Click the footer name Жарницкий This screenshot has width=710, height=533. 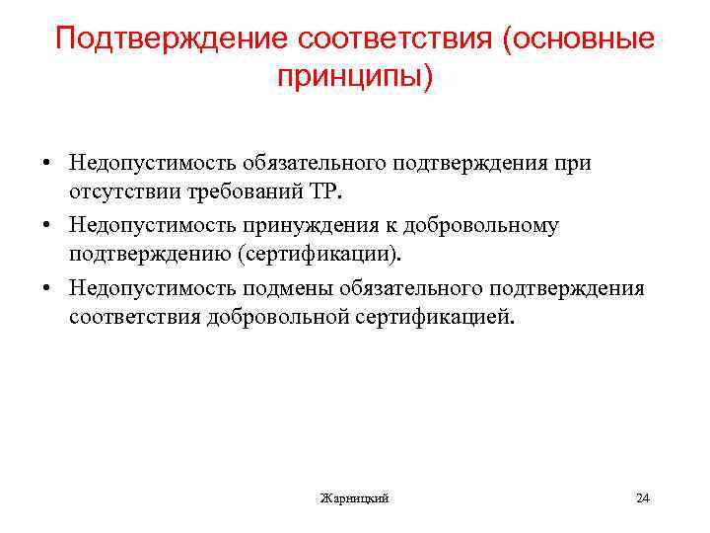[x=354, y=498]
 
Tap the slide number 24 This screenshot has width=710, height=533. [x=643, y=497]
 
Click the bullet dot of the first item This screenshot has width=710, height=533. [x=46, y=162]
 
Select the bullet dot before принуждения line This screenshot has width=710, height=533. [x=46, y=225]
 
